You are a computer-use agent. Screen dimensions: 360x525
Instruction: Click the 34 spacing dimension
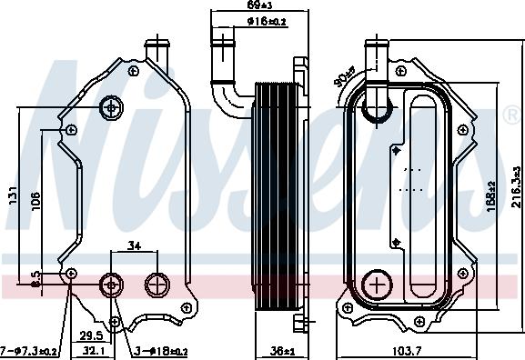point(134,245)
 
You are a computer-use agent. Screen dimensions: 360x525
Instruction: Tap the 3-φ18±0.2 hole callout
point(159,350)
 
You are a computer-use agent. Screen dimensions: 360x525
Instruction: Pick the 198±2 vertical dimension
point(491,194)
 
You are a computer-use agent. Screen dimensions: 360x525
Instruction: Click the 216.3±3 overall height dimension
point(515,194)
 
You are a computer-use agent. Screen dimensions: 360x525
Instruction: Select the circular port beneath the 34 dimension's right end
point(156,285)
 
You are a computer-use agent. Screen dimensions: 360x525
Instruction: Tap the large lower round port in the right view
point(376,285)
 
